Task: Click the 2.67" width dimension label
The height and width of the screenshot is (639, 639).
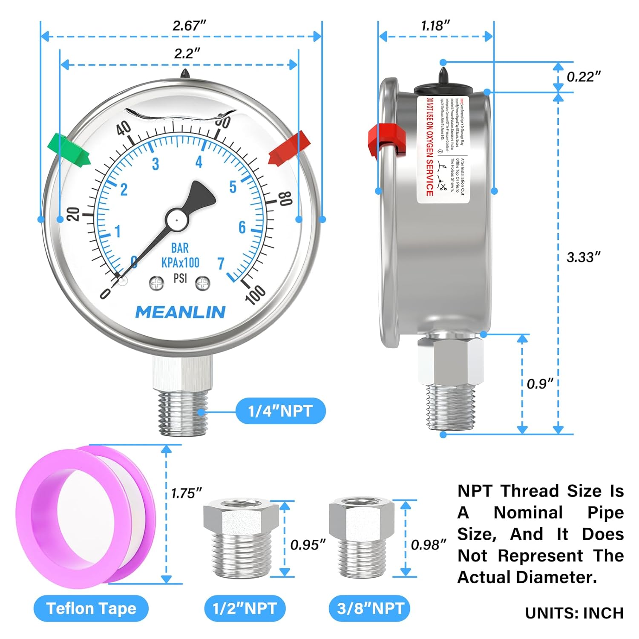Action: pyautogui.click(x=189, y=26)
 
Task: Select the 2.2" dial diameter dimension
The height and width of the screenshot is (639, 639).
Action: pyautogui.click(x=187, y=54)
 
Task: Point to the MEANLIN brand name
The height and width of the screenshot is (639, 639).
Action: pyautogui.click(x=180, y=312)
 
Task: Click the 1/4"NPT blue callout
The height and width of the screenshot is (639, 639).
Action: pyautogui.click(x=280, y=411)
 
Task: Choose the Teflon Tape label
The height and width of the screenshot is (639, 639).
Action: pyautogui.click(x=91, y=608)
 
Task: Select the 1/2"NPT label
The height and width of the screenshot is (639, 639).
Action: pyautogui.click(x=245, y=608)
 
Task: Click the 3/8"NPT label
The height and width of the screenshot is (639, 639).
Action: pyautogui.click(x=370, y=608)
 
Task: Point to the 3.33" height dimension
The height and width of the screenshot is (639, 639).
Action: pyautogui.click(x=583, y=257)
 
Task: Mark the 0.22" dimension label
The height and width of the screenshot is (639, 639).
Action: pyautogui.click(x=583, y=77)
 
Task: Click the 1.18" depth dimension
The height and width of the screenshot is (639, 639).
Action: pyautogui.click(x=435, y=26)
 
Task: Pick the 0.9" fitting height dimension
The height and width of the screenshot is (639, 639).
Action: pyautogui.click(x=539, y=384)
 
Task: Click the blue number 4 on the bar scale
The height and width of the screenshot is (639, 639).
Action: pyautogui.click(x=199, y=162)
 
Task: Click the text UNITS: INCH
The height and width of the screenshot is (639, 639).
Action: pyautogui.click(x=574, y=613)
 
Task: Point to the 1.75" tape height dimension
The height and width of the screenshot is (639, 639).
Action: pyautogui.click(x=186, y=493)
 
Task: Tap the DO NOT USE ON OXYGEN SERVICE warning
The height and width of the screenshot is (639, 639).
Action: pyautogui.click(x=429, y=147)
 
